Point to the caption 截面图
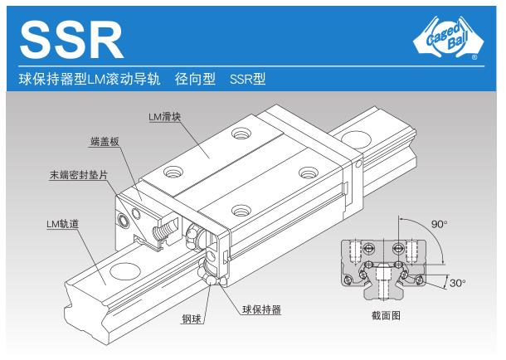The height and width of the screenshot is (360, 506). click(387, 315)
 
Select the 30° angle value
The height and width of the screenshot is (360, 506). click(457, 282)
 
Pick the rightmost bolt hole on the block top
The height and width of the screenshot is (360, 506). click(309, 172)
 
